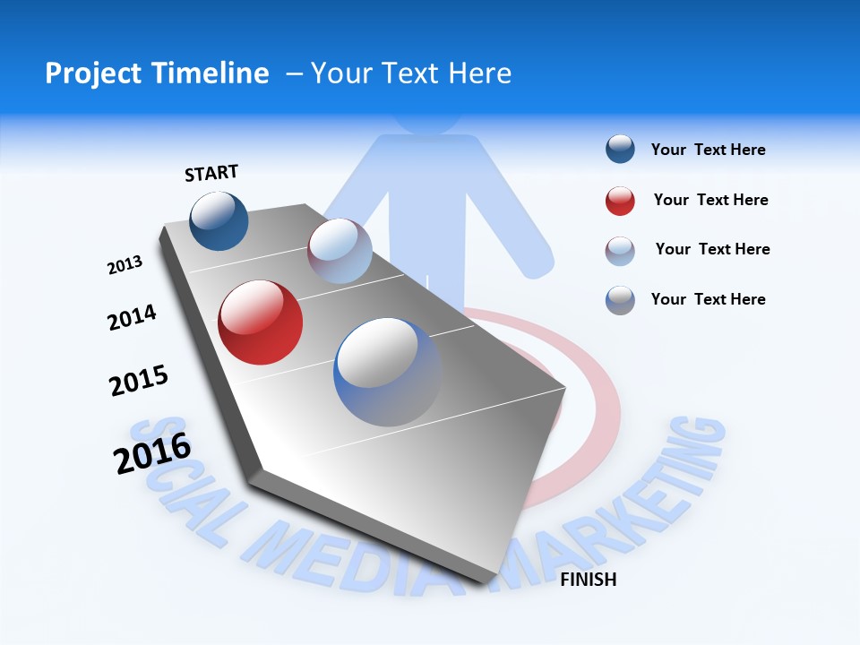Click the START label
tap(211, 173)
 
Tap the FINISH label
tap(588, 580)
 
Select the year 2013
tap(125, 265)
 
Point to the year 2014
tap(132, 317)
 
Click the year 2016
tap(152, 453)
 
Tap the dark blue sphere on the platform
tap(219, 220)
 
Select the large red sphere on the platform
tap(261, 322)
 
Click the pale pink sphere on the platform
tap(340, 251)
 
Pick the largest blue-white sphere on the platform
tap(387, 371)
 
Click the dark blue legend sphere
tap(620, 150)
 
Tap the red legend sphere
tap(620, 200)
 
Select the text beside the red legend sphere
tap(710, 200)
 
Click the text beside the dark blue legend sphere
tap(708, 150)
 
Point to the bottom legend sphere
tap(620, 300)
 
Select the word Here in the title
tap(479, 73)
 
